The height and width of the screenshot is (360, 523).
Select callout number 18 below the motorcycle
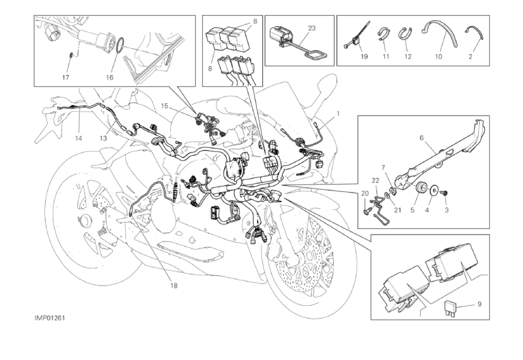(x=174, y=284)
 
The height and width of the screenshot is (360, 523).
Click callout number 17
(x=66, y=77)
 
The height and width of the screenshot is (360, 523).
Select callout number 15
(x=165, y=105)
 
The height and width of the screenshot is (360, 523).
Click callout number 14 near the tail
(x=78, y=138)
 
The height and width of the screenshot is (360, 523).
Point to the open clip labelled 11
(x=385, y=31)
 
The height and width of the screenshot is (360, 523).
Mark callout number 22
(x=376, y=180)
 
